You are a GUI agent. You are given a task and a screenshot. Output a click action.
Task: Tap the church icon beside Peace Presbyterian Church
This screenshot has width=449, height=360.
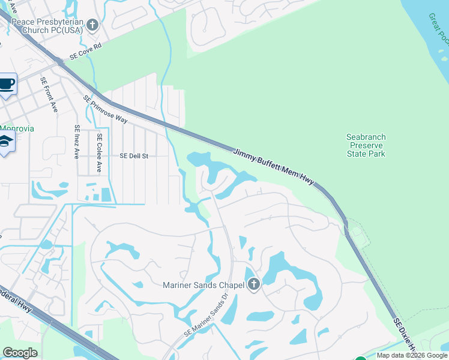pos(92,25)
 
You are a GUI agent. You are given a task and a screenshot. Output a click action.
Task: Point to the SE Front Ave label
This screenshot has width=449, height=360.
pos(49,95)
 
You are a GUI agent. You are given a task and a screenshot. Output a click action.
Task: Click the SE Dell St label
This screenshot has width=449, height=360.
pos(134,155)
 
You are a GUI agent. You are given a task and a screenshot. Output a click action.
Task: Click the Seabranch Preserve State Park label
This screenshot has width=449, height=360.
pos(366,145)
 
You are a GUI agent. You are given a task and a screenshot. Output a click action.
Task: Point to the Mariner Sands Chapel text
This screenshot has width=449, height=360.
pos(202,285)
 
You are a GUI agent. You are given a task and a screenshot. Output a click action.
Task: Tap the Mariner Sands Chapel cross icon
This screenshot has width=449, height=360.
pos(253,284)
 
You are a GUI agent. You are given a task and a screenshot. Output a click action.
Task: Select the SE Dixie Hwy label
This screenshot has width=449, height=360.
pos(406,337)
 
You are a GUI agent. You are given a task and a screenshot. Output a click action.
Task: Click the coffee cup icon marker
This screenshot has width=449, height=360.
pos(7,85)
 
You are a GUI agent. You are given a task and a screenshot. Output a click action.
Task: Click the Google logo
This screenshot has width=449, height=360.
pos(20,353)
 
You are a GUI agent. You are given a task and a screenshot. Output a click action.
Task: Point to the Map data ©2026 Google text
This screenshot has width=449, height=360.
pos(412,355)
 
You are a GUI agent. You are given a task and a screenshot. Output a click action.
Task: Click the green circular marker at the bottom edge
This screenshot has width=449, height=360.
pos(360,358)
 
